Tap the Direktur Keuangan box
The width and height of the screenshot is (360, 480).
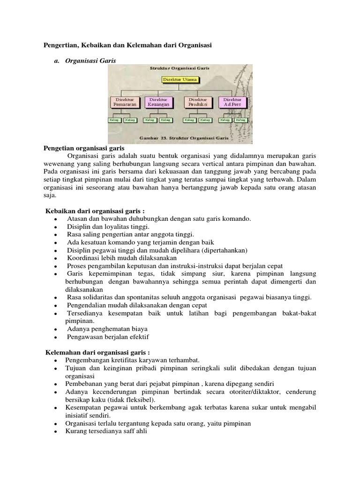pos(159,103)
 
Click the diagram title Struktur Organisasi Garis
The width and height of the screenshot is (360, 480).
pos(179,68)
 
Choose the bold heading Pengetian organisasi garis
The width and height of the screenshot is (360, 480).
pos(83,148)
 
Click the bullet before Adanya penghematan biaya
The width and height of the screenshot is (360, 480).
pos(55,330)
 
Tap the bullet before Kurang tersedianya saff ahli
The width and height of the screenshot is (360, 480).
pos(55,431)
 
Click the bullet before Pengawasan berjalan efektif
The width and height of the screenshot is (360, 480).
pos(55,337)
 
